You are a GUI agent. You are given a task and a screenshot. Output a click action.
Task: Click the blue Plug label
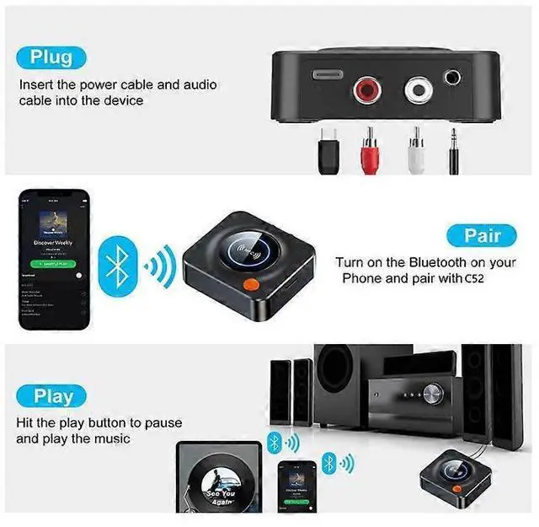pos(51,57)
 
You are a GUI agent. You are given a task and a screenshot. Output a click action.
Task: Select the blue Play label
pos(55,395)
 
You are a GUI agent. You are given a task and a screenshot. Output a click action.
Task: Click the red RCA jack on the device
pos(368,87)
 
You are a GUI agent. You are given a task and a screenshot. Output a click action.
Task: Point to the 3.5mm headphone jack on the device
pos(456,78)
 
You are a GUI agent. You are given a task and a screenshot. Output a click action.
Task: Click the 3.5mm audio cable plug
pos(455,148)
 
